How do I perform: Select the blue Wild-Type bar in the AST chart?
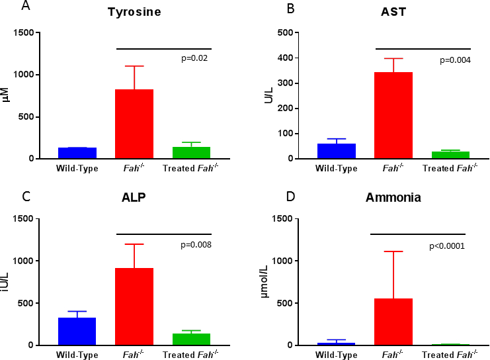click(337, 151)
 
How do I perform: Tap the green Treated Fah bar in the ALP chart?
click(191, 339)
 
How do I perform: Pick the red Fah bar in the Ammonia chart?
click(393, 322)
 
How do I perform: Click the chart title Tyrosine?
click(134, 12)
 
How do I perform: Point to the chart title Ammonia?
click(393, 198)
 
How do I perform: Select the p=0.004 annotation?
click(456, 60)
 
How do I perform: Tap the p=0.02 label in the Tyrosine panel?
click(195, 58)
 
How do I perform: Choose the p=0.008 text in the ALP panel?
click(196, 245)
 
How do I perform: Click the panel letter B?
click(270, 8)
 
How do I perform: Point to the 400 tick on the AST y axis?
click(286, 58)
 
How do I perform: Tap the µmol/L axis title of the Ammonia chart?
click(265, 282)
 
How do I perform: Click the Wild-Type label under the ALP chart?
click(77, 355)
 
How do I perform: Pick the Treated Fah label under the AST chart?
click(450, 168)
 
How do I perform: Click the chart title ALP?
click(134, 198)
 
